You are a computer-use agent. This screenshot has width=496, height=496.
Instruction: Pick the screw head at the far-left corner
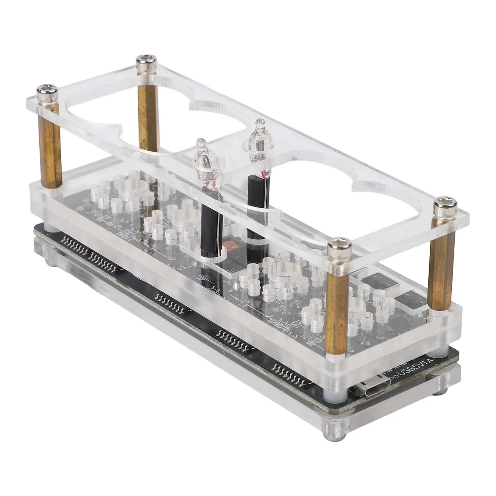coord(47,91)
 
